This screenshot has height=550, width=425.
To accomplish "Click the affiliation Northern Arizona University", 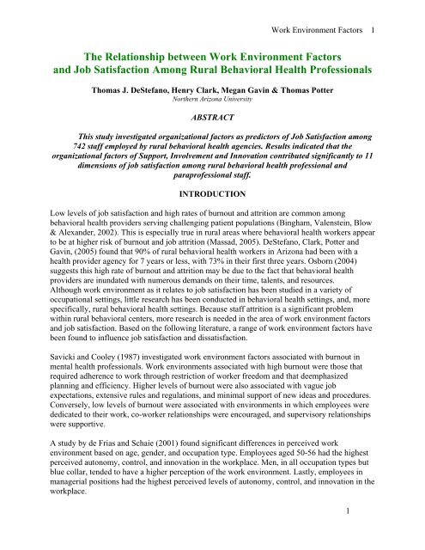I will pos(211,101).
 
